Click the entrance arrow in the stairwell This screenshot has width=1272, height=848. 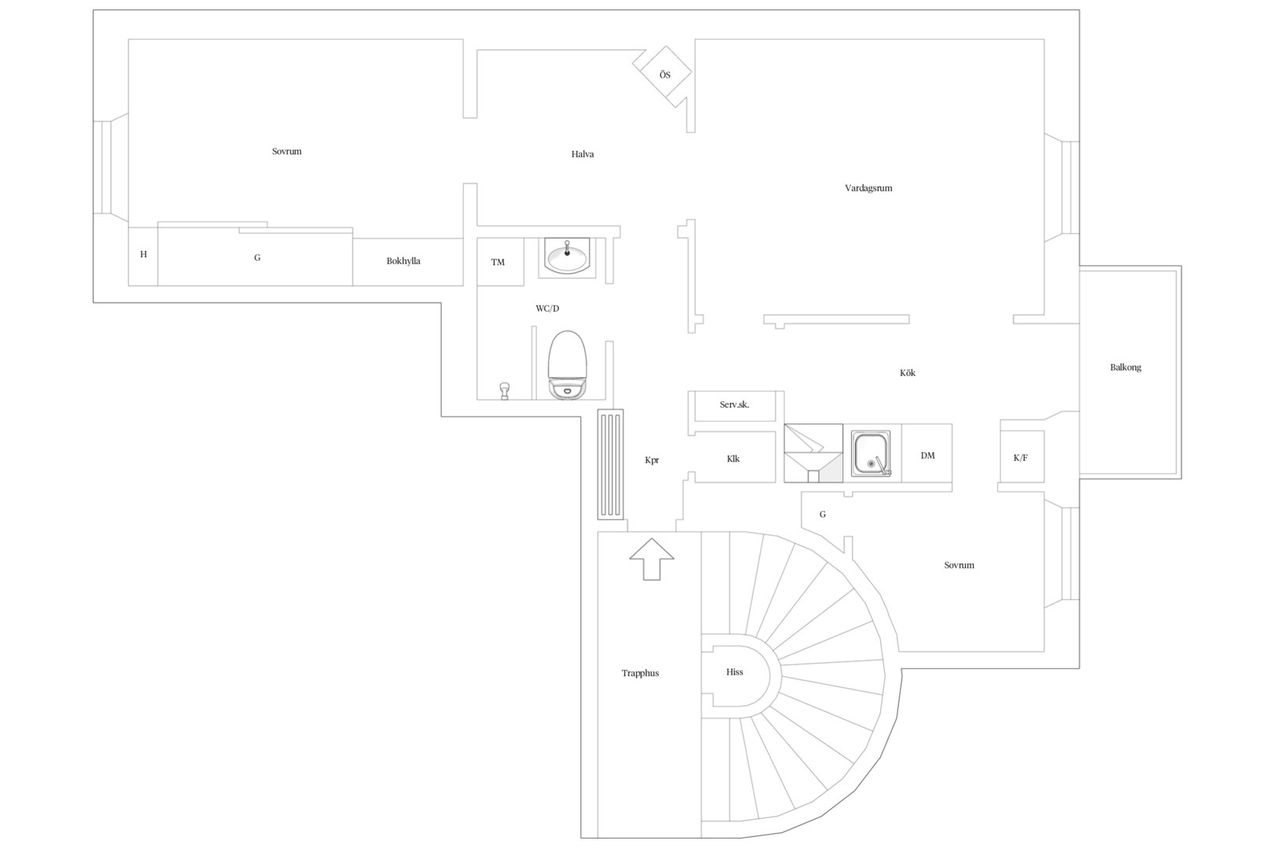point(652,559)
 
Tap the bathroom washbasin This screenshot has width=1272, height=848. point(567,256)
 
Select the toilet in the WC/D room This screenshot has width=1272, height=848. point(567,364)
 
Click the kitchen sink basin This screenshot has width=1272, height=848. point(871,453)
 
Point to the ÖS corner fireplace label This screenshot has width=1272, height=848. point(664,75)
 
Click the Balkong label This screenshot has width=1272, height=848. point(1125,367)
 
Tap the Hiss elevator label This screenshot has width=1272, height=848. point(734,672)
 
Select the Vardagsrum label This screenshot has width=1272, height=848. point(868,188)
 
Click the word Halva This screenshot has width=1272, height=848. point(583,154)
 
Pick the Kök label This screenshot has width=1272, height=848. point(908,373)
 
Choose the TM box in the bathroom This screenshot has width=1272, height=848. point(499,261)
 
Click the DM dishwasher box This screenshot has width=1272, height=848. point(927,453)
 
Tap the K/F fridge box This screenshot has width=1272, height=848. point(1022,457)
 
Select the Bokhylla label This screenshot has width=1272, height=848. point(403,261)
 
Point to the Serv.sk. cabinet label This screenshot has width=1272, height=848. point(734,405)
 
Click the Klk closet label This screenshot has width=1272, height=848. point(733,459)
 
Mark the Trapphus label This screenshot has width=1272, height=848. point(640,674)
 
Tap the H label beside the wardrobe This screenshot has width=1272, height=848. point(144,254)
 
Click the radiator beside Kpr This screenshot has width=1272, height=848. point(610,464)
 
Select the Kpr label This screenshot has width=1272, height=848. point(652,460)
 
